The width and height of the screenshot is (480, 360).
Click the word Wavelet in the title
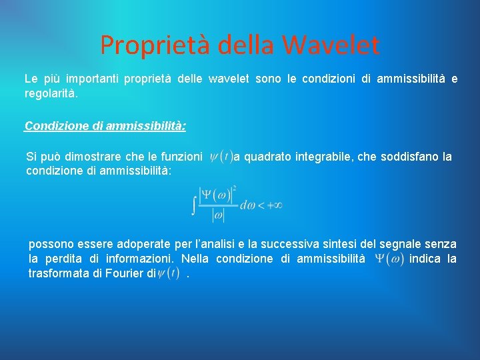pyautogui.click(x=331, y=45)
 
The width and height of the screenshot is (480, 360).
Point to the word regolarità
pyautogui.click(x=51, y=94)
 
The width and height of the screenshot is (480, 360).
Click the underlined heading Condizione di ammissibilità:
pyautogui.click(x=105, y=125)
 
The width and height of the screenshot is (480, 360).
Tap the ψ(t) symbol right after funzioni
pyautogui.click(x=221, y=157)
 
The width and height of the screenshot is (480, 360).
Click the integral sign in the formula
pyautogui.click(x=194, y=203)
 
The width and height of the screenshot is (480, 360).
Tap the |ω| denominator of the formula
pyautogui.click(x=218, y=215)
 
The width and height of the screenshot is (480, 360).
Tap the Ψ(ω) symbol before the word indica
pyautogui.click(x=389, y=259)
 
